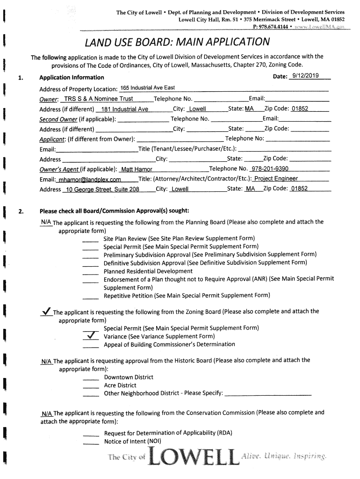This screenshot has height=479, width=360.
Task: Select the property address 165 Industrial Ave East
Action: tap(147, 88)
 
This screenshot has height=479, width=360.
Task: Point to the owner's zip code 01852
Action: tap(300, 109)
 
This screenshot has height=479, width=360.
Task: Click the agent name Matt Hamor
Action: tap(136, 169)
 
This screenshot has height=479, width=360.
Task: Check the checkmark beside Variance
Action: tap(90, 336)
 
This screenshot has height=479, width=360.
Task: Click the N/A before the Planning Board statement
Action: tap(46, 221)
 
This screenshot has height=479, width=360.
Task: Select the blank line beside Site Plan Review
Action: tap(90, 239)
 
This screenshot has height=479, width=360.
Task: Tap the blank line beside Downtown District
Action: tap(90, 378)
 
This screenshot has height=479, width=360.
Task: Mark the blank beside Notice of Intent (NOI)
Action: tap(90, 442)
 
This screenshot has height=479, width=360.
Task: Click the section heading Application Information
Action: tap(72, 77)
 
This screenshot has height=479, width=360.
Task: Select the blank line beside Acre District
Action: tap(90, 386)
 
